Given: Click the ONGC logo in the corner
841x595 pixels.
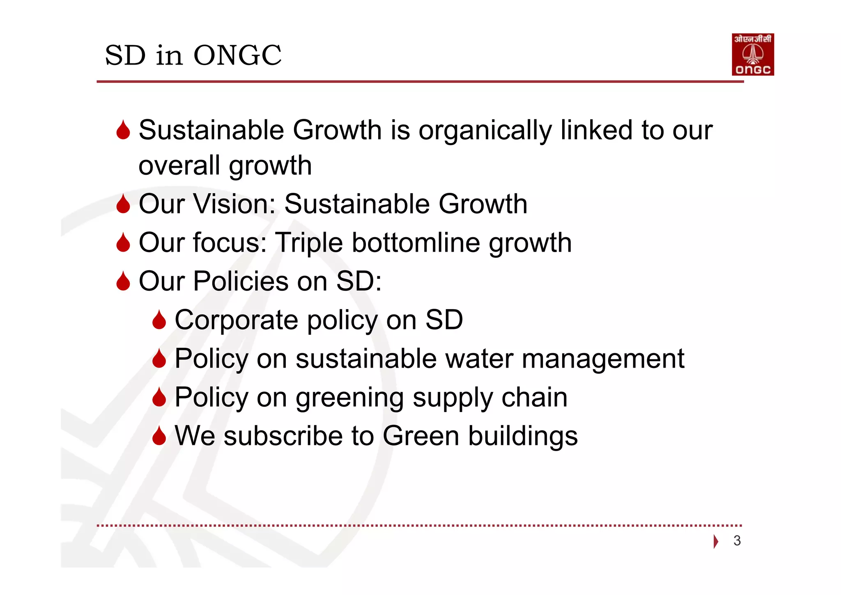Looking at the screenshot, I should click(x=752, y=54).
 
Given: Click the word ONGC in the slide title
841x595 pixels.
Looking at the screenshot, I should click(x=237, y=55).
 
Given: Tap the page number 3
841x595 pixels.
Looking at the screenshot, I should click(x=737, y=540).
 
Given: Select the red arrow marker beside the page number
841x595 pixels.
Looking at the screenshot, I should click(x=716, y=541).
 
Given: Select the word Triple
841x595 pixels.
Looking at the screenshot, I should click(x=308, y=243).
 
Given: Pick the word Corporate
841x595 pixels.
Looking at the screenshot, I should click(x=236, y=320).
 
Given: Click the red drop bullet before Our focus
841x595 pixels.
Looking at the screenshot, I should click(x=123, y=243).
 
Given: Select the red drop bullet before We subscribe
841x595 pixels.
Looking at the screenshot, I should click(x=159, y=436).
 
